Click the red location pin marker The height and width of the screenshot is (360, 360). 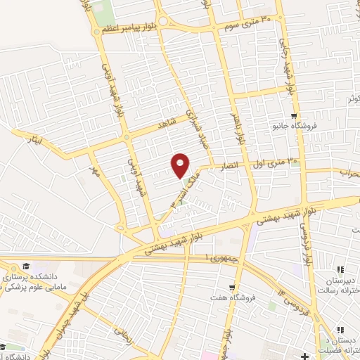[181, 165]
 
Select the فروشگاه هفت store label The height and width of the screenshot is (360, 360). [233, 298]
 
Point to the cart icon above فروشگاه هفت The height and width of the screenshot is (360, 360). [231, 288]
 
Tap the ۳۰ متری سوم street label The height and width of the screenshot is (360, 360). [245, 23]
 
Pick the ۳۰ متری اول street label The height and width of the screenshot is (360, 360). [279, 161]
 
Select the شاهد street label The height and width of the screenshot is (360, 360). [166, 123]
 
